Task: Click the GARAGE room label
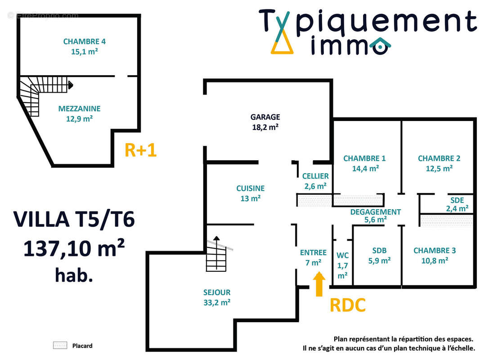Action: coord(265,117)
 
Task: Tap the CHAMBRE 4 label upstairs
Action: coord(85,42)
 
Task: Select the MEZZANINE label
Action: coord(79,108)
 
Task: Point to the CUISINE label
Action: coord(251,189)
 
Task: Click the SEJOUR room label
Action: coord(217,292)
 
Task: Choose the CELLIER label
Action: coord(315,176)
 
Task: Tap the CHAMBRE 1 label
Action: coord(364,158)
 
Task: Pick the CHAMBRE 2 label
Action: coord(439,158)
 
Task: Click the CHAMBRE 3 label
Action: coord(435,251)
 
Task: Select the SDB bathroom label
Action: coord(379,251)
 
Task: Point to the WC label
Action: coord(342,255)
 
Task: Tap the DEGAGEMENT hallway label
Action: coord(376,212)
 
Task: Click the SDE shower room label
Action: coord(457,200)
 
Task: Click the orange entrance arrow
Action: coord(319,284)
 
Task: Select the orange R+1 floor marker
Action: coord(140,151)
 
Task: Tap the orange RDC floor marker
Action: coord(347,305)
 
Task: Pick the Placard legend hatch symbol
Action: coord(60,346)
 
